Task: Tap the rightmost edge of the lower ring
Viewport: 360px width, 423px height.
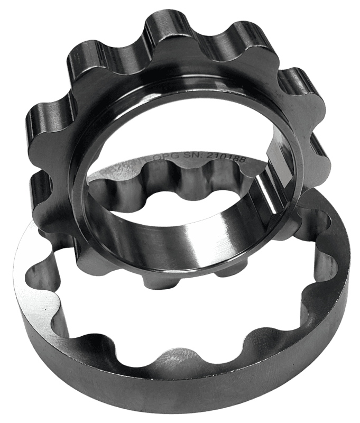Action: coord(349,254)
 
